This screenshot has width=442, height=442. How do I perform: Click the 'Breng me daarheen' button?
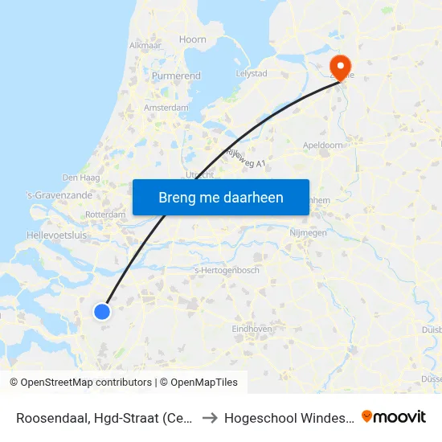click(220, 197)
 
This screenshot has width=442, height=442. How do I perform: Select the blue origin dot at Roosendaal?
click(102, 311)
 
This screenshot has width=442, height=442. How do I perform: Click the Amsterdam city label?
click(166, 108)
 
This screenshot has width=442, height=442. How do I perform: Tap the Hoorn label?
click(193, 39)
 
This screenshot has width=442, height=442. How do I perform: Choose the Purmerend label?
click(176, 76)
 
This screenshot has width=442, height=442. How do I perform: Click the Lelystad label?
click(252, 73)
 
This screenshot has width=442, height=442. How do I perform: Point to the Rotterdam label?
click(105, 215)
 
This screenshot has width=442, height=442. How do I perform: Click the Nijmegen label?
click(307, 233)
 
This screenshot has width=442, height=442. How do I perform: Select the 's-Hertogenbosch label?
click(227, 271)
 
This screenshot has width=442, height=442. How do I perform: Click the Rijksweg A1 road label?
click(246, 158)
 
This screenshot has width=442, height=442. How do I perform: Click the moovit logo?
click(394, 416)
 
